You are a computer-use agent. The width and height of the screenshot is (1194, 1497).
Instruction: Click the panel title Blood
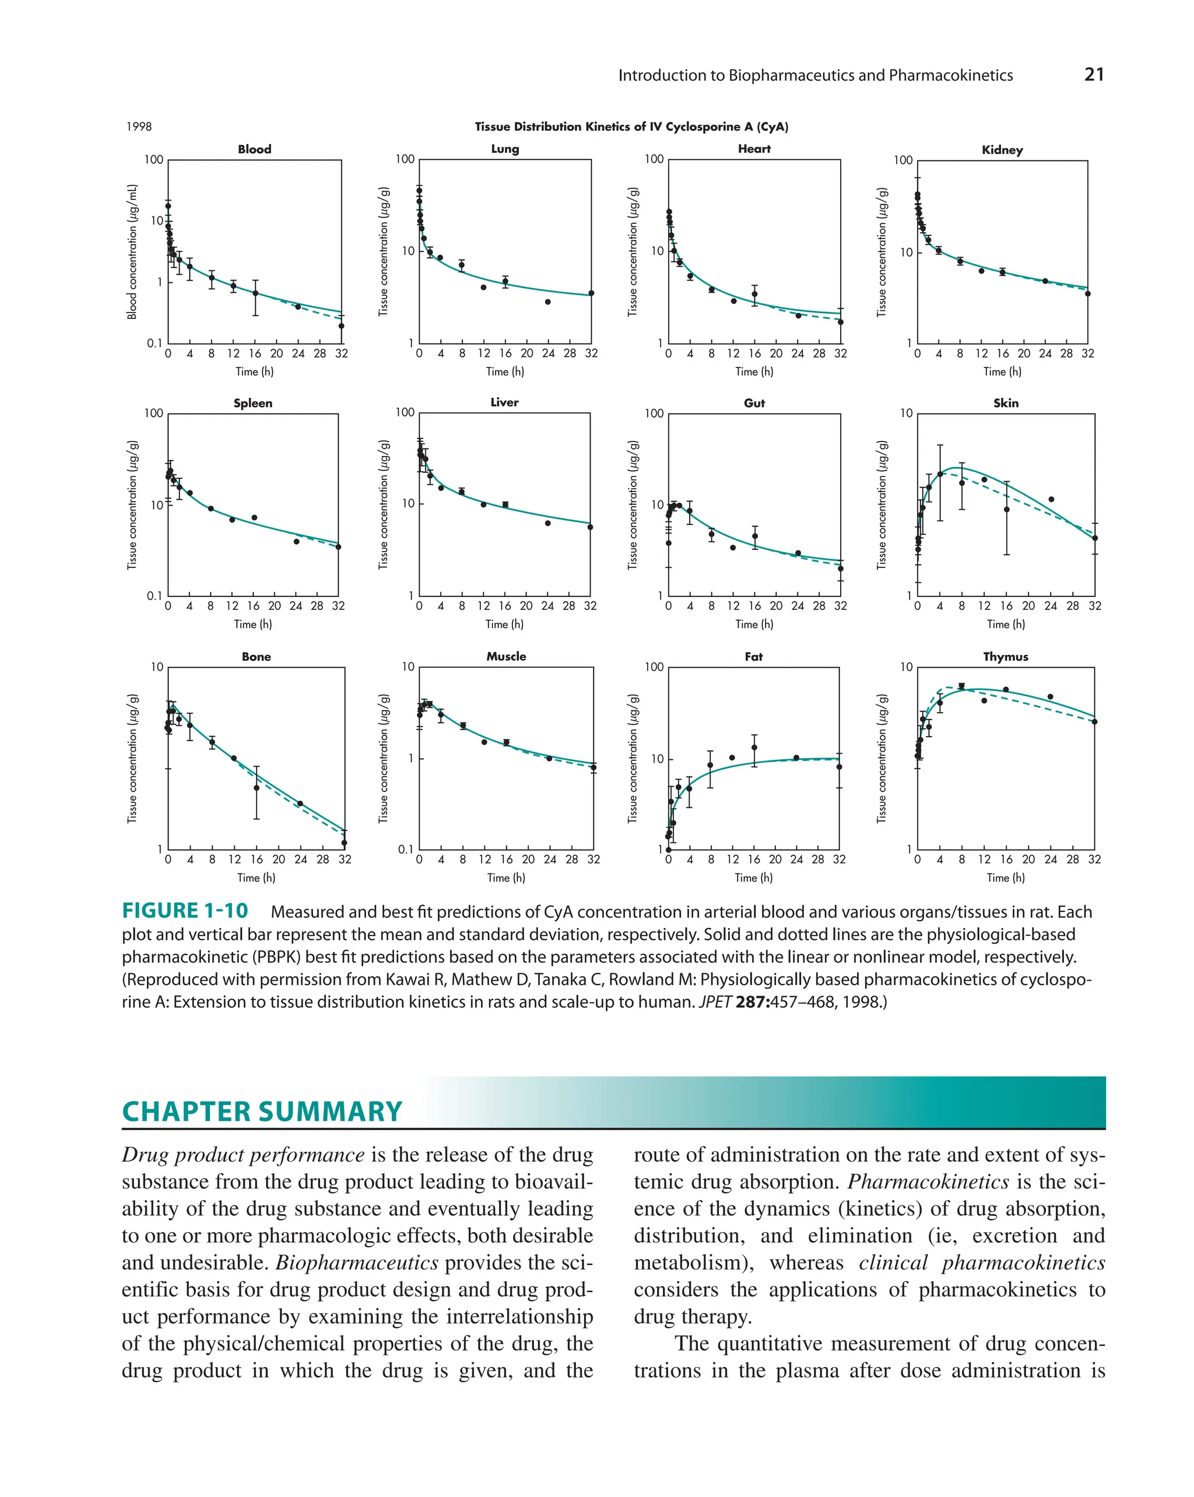click(254, 149)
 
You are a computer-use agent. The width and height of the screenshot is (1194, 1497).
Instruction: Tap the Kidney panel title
click(1002, 150)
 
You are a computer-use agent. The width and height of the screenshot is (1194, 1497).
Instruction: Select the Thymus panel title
click(1005, 657)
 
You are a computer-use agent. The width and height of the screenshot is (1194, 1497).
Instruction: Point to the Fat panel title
click(753, 657)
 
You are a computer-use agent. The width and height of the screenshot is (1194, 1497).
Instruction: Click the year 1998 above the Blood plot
click(139, 127)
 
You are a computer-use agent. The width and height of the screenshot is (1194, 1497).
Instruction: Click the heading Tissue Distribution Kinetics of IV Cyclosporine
click(631, 127)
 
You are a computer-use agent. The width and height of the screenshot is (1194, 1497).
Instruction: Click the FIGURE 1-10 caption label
click(185, 911)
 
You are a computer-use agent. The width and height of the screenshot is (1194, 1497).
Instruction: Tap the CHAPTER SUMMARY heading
click(262, 1112)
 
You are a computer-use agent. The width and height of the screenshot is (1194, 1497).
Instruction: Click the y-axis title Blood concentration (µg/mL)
click(132, 251)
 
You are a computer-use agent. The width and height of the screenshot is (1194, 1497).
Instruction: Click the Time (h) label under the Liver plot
click(504, 624)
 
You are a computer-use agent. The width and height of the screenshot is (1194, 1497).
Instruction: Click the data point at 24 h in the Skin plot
click(1051, 499)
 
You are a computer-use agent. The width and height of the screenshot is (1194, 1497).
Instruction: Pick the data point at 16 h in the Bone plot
click(256, 788)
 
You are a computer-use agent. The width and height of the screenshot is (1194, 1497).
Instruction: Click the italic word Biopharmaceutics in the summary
click(357, 1263)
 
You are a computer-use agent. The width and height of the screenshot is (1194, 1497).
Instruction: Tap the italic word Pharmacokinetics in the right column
click(928, 1181)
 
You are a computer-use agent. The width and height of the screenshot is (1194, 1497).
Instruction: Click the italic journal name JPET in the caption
click(715, 1002)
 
